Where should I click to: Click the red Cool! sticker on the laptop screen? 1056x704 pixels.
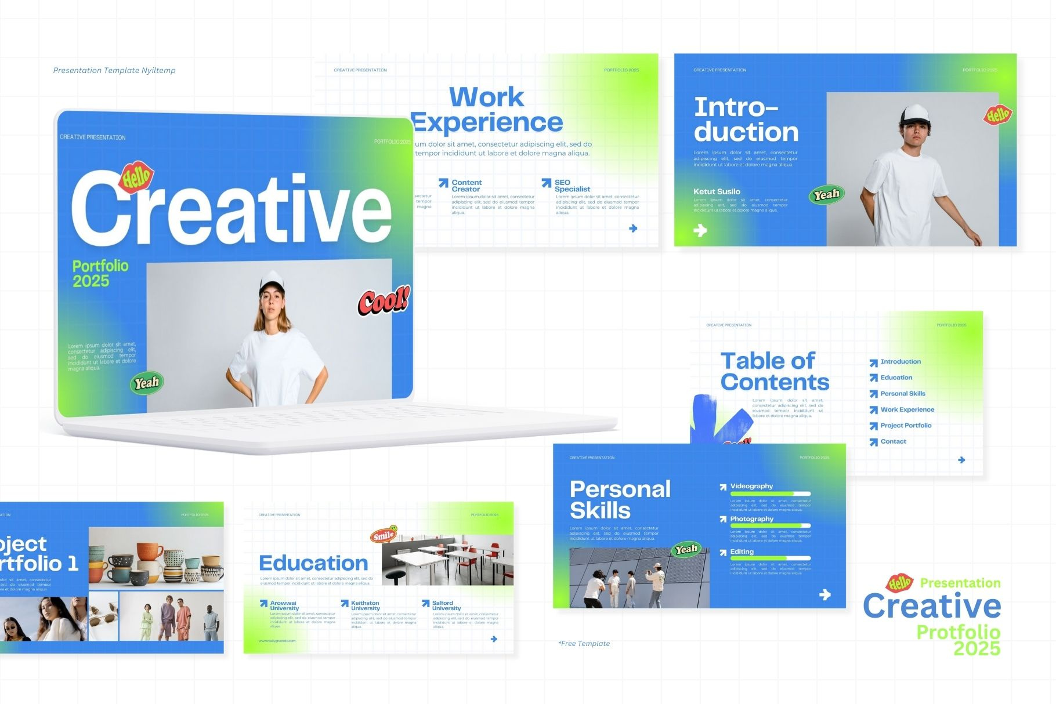pyautogui.click(x=383, y=300)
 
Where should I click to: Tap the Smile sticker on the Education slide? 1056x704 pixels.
pyautogui.click(x=384, y=534)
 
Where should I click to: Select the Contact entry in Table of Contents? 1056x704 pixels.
pyautogui.click(x=893, y=442)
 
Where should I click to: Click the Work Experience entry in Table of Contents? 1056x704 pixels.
pyautogui.click(x=907, y=410)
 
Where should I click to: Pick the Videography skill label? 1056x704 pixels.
pyautogui.click(x=751, y=487)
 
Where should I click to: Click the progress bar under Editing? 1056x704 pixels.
pyautogui.click(x=770, y=558)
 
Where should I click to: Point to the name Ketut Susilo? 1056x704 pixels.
pyautogui.click(x=717, y=192)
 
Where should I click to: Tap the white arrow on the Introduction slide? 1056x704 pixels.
pyautogui.click(x=700, y=231)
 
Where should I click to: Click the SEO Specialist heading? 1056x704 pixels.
pyautogui.click(x=572, y=186)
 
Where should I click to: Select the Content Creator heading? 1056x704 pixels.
pyautogui.click(x=466, y=186)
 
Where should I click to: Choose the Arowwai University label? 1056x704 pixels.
pyautogui.click(x=284, y=606)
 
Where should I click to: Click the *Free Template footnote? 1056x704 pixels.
pyautogui.click(x=584, y=644)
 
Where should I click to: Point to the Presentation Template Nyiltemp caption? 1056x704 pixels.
pyautogui.click(x=114, y=71)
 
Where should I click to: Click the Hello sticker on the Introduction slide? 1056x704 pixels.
pyautogui.click(x=997, y=115)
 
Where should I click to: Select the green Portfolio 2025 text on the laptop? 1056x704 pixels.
pyautogui.click(x=100, y=274)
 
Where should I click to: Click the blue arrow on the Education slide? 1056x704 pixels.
pyautogui.click(x=494, y=639)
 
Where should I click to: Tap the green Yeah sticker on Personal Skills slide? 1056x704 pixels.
pyautogui.click(x=686, y=549)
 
